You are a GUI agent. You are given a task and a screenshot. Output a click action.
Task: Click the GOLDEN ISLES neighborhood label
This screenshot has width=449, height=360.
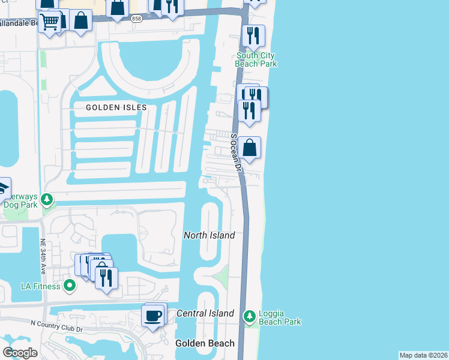coord(116,107)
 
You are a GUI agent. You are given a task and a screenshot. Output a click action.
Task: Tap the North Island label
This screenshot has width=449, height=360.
coord(209,235)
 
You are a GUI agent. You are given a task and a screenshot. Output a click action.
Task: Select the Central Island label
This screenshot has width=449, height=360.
coord(205,313)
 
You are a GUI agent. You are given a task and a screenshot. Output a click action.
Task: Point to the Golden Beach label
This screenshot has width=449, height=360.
coord(205,343)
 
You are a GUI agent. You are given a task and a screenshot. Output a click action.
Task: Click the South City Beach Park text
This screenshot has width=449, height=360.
coord(256,59)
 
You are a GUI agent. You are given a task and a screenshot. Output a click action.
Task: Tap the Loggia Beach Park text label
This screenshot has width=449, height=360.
coord(280,317)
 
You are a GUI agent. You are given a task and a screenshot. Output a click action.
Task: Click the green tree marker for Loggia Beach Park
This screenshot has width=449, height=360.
coord(249,316)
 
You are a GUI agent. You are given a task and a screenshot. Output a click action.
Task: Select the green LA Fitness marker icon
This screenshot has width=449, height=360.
coord(70,285)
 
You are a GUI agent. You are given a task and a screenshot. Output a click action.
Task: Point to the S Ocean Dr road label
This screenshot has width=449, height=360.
coord(235,154)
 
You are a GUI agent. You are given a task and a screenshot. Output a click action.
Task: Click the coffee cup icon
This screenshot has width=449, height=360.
coord(152,314)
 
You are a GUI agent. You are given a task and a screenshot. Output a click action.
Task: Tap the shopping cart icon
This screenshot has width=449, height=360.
coord(50,22)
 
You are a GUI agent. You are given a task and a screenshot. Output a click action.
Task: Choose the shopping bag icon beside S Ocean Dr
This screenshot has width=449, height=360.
coord(249,148)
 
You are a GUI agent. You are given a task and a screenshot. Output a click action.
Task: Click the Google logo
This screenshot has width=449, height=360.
coord(20,352)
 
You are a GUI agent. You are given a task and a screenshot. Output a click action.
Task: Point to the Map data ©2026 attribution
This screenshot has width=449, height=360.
coord(423,355)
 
